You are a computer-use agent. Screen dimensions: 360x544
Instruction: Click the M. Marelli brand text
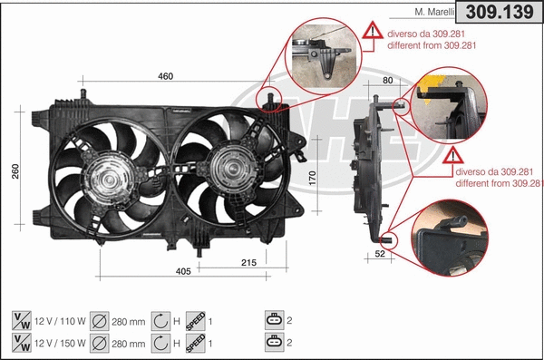pos(433,13)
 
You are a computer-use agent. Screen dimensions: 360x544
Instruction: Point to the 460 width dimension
pos(166,76)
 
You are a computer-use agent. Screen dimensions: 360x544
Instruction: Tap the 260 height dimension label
pos(15,172)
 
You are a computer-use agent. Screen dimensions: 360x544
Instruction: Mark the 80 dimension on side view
pos(388,82)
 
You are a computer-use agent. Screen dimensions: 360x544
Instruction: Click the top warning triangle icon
pos(373,32)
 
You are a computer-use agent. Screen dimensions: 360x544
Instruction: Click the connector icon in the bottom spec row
pos(274,342)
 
